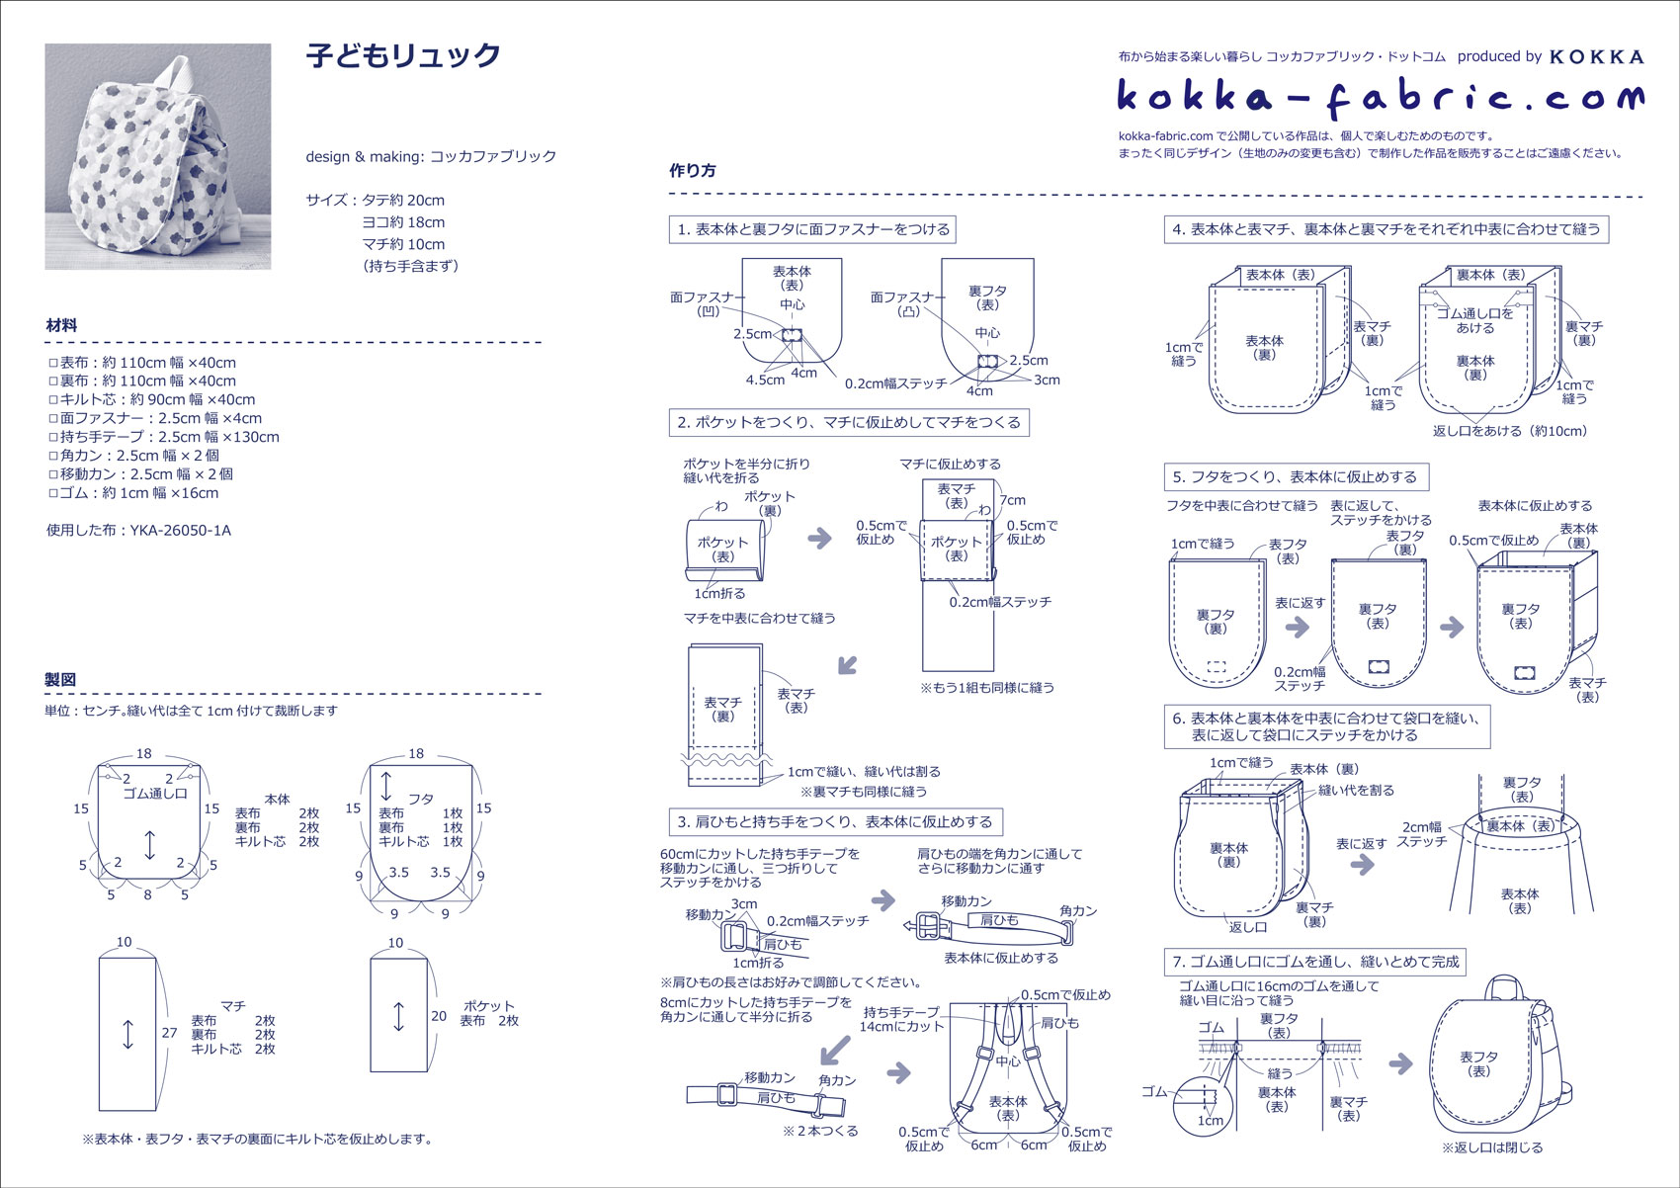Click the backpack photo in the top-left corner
click(x=157, y=156)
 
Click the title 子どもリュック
click(x=403, y=55)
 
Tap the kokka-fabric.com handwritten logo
click(x=1381, y=97)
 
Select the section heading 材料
click(x=61, y=325)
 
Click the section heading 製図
click(x=60, y=680)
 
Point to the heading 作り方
click(x=693, y=170)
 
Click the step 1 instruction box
click(x=813, y=229)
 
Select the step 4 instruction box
click(x=1386, y=229)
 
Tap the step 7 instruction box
click(x=1315, y=962)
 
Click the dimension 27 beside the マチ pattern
click(x=169, y=1033)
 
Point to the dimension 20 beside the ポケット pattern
click(x=439, y=1016)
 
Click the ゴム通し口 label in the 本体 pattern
click(x=155, y=794)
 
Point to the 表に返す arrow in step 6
click(x=1362, y=864)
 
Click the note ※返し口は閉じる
click(x=1492, y=1147)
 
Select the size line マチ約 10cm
click(x=403, y=244)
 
